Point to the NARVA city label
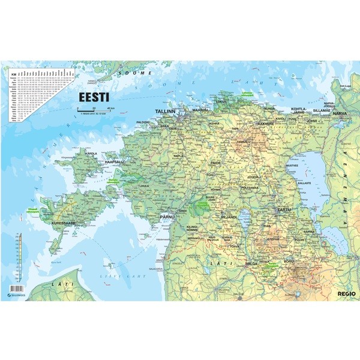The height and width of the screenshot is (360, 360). tap(341, 113)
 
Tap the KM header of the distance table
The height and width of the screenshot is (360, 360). tap(12, 74)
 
